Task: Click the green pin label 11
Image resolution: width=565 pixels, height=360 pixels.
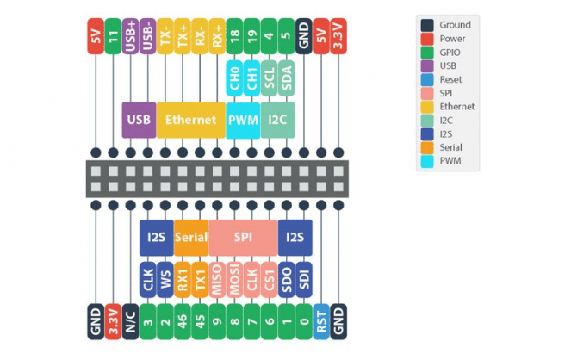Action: (113, 36)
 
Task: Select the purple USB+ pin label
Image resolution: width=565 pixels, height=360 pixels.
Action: (130, 36)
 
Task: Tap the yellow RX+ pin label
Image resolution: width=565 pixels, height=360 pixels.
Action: (217, 36)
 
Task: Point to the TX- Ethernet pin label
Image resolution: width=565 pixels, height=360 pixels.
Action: (165, 36)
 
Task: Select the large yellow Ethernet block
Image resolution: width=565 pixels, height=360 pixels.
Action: (190, 120)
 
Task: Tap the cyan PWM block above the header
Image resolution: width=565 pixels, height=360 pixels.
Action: (243, 120)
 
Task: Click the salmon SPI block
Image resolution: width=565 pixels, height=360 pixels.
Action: (243, 236)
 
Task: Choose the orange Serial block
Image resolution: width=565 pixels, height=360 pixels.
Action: (190, 236)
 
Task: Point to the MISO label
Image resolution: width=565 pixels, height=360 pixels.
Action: (217, 278)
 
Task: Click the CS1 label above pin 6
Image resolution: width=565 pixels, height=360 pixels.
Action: (269, 278)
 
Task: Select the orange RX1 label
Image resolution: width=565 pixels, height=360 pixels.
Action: (183, 278)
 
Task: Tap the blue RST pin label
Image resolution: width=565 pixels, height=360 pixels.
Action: (321, 321)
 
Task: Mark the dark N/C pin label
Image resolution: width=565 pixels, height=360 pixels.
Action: (130, 321)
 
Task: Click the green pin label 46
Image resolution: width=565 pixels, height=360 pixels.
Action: (183, 321)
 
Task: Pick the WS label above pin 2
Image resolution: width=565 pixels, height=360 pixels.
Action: (165, 278)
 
